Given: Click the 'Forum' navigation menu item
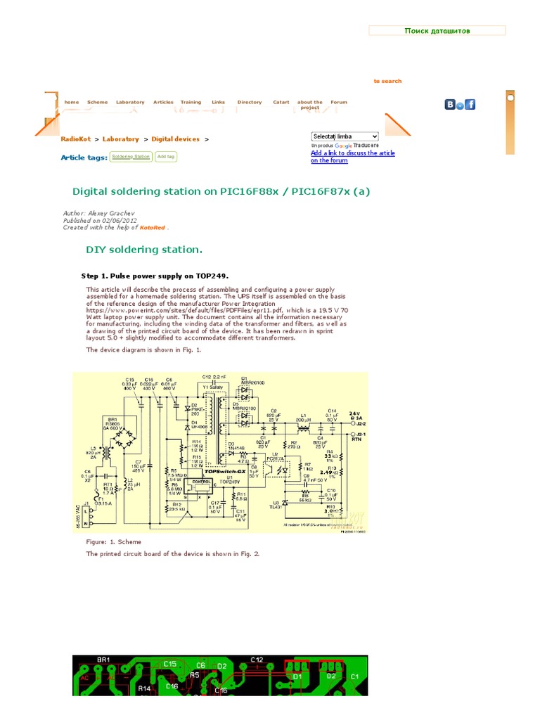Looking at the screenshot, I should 339,102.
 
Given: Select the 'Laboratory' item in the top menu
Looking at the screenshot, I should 130,102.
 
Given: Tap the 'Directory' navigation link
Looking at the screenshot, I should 249,102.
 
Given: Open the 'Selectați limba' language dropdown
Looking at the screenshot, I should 345,136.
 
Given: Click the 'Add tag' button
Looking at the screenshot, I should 166,157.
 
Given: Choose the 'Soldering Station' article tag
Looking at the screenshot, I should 131,157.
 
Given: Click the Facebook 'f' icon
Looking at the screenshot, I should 470,105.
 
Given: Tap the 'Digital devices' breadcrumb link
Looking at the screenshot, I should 175,139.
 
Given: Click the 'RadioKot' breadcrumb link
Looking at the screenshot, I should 75,139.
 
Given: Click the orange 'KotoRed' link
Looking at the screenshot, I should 152,228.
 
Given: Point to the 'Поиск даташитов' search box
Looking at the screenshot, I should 437,31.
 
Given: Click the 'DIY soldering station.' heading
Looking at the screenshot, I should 144,250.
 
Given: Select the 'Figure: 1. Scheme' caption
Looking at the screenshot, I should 113,542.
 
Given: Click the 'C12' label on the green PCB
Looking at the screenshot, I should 257,660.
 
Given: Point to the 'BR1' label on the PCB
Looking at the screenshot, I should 103,660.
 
